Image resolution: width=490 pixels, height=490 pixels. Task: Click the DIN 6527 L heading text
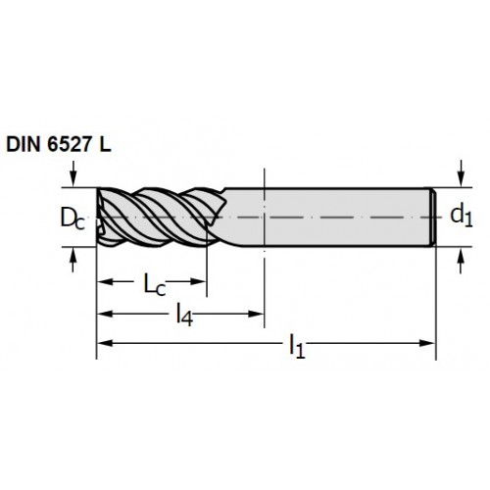[59, 144]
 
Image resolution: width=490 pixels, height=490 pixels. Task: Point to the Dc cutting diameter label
[73, 219]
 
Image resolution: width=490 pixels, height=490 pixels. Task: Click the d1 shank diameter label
[462, 217]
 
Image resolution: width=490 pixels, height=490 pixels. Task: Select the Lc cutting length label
[155, 284]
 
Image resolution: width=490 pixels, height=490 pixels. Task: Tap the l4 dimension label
[184, 315]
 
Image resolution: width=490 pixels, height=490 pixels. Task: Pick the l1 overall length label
[297, 347]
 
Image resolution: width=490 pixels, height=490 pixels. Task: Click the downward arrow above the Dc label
[73, 173]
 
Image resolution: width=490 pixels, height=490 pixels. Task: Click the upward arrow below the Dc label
[73, 260]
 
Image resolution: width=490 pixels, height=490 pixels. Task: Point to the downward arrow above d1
[461, 173]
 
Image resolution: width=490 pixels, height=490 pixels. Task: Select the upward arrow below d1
[461, 261]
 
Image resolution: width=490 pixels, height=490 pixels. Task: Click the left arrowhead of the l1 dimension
[105, 343]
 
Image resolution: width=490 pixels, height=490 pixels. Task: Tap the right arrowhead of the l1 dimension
[427, 343]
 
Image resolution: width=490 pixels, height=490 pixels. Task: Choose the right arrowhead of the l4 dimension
[256, 314]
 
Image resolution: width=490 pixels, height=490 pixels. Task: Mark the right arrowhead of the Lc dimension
[198, 281]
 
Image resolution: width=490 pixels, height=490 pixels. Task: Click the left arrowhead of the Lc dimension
[105, 281]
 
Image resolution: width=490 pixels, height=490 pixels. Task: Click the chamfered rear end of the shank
[432, 218]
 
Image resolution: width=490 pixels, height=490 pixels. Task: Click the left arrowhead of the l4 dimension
[105, 314]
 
